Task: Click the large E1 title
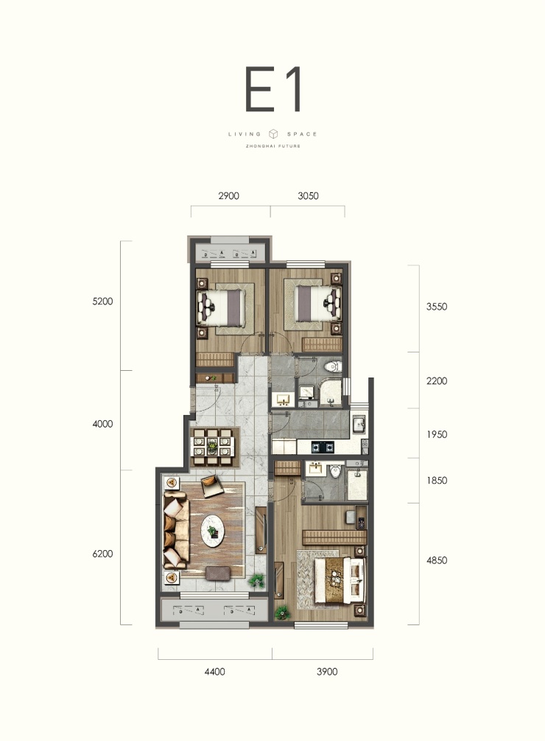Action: pos(272,89)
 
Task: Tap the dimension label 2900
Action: pos(228,195)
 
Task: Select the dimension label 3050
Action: pos(308,195)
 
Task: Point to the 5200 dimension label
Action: pos(102,301)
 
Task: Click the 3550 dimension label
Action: pos(437,306)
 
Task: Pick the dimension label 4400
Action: pos(215,672)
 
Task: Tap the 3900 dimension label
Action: pos(327,672)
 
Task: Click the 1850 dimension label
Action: pos(437,480)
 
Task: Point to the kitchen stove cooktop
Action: pos(322,445)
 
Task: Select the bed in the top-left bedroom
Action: pos(222,308)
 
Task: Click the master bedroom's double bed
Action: pos(340,580)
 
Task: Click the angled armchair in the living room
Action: pos(212,487)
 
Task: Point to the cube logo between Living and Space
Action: pos(273,133)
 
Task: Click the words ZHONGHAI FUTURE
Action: pos(273,146)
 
